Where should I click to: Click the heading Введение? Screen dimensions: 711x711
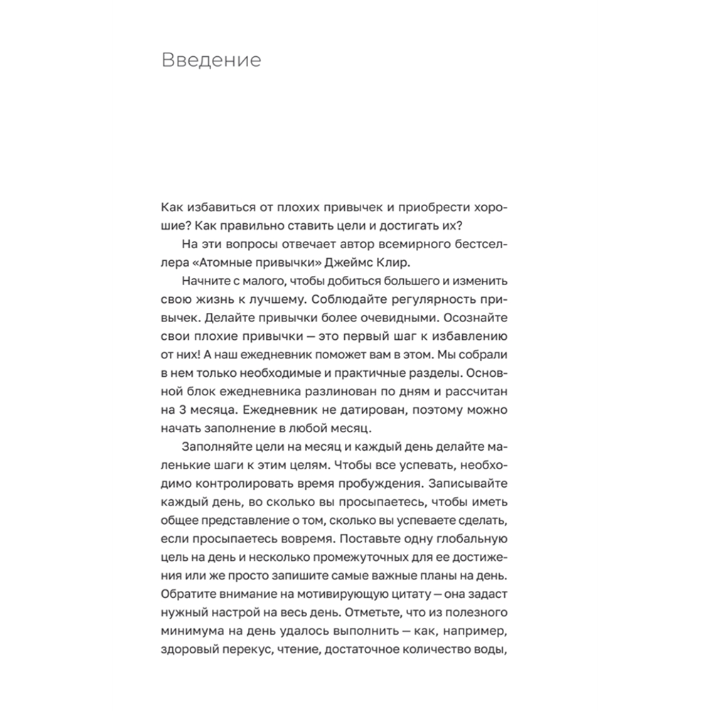click(x=211, y=60)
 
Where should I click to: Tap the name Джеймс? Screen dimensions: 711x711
click(x=413, y=262)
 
